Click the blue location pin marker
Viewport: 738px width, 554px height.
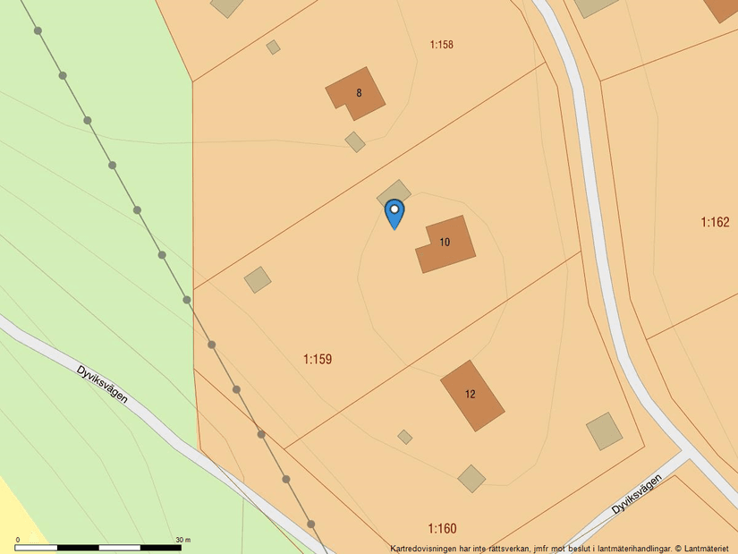[x=394, y=212]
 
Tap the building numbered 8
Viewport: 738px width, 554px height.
[x=356, y=93]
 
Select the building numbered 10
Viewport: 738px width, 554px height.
[x=445, y=243]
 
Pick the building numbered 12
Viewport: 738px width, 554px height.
[x=471, y=395]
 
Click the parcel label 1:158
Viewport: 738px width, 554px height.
[x=442, y=44]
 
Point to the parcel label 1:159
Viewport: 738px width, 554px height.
[x=318, y=359]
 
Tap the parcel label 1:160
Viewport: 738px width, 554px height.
[x=442, y=528]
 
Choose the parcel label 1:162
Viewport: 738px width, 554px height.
[x=715, y=222]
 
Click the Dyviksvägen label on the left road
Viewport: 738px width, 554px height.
[x=102, y=383]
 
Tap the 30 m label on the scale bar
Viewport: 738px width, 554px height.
[x=183, y=540]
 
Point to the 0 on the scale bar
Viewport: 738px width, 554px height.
[x=18, y=540]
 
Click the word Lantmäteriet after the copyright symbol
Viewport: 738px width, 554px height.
[x=707, y=549]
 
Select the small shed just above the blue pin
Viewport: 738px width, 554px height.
[x=394, y=192]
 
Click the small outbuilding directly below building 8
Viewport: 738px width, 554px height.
[x=355, y=141]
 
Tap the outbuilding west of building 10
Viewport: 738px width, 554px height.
[x=258, y=279]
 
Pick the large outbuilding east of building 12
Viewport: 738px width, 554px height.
[x=605, y=430]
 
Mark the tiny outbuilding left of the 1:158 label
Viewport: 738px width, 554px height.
[x=274, y=47]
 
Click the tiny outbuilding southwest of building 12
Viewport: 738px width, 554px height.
[x=405, y=437]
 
